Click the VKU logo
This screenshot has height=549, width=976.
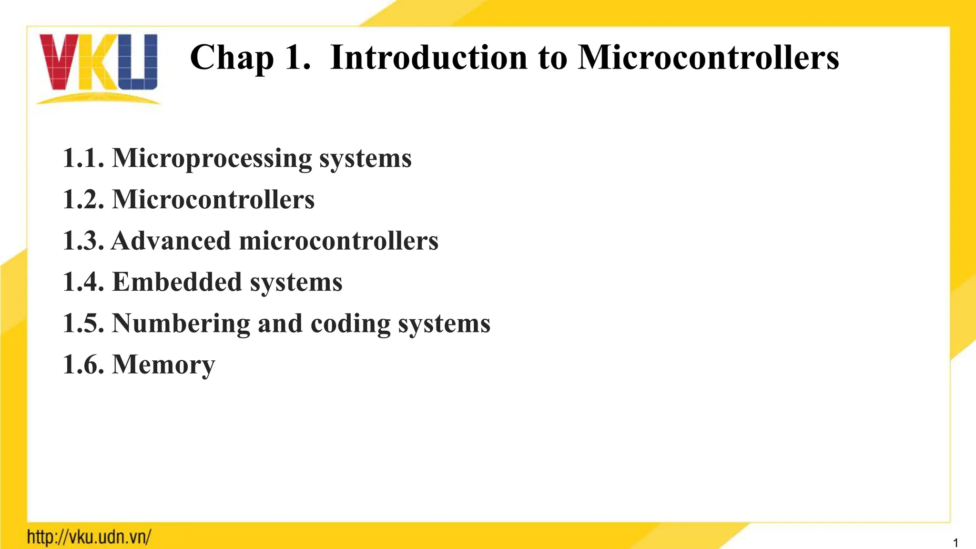point(99,67)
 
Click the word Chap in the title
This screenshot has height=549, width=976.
point(232,58)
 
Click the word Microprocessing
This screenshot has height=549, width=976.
point(212,159)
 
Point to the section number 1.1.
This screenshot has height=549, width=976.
point(83,158)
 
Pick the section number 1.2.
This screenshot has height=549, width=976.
point(83,199)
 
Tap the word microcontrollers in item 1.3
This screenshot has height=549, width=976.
point(338,241)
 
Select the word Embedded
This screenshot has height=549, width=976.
point(177,282)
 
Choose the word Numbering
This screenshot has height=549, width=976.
point(181,324)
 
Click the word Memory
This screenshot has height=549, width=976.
point(163,365)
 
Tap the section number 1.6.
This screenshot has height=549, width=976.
point(83,365)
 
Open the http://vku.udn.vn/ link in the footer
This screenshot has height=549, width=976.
point(89,537)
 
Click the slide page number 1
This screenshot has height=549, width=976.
point(956,543)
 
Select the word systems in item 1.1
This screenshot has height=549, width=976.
point(365,159)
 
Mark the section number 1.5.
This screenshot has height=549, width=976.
point(83,323)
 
